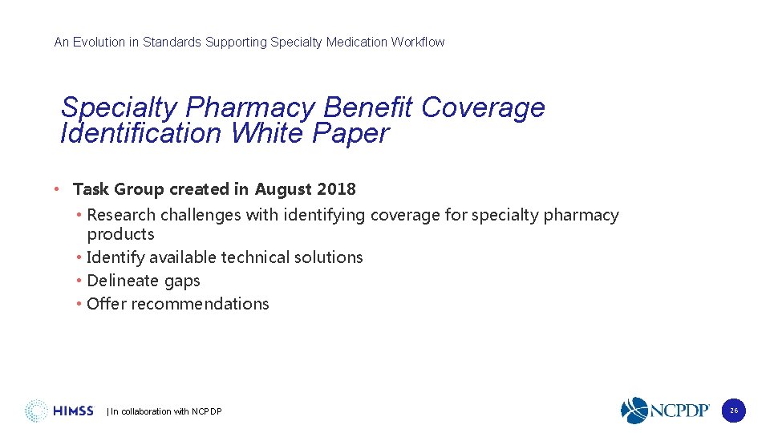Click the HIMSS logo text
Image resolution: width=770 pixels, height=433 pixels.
tap(73, 411)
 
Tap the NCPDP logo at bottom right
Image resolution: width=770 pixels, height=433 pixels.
tap(665, 411)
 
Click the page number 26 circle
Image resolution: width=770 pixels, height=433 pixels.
tap(733, 411)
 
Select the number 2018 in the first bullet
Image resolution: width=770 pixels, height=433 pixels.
tap(336, 189)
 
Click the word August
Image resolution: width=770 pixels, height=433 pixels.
tap(283, 189)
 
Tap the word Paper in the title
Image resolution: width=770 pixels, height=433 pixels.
tap(351, 133)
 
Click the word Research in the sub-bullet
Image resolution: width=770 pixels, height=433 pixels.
tap(121, 215)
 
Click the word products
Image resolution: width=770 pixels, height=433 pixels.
tap(120, 234)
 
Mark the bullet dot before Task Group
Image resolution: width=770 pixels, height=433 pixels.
tap(56, 189)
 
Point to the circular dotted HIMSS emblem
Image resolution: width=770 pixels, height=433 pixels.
tap(37, 411)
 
